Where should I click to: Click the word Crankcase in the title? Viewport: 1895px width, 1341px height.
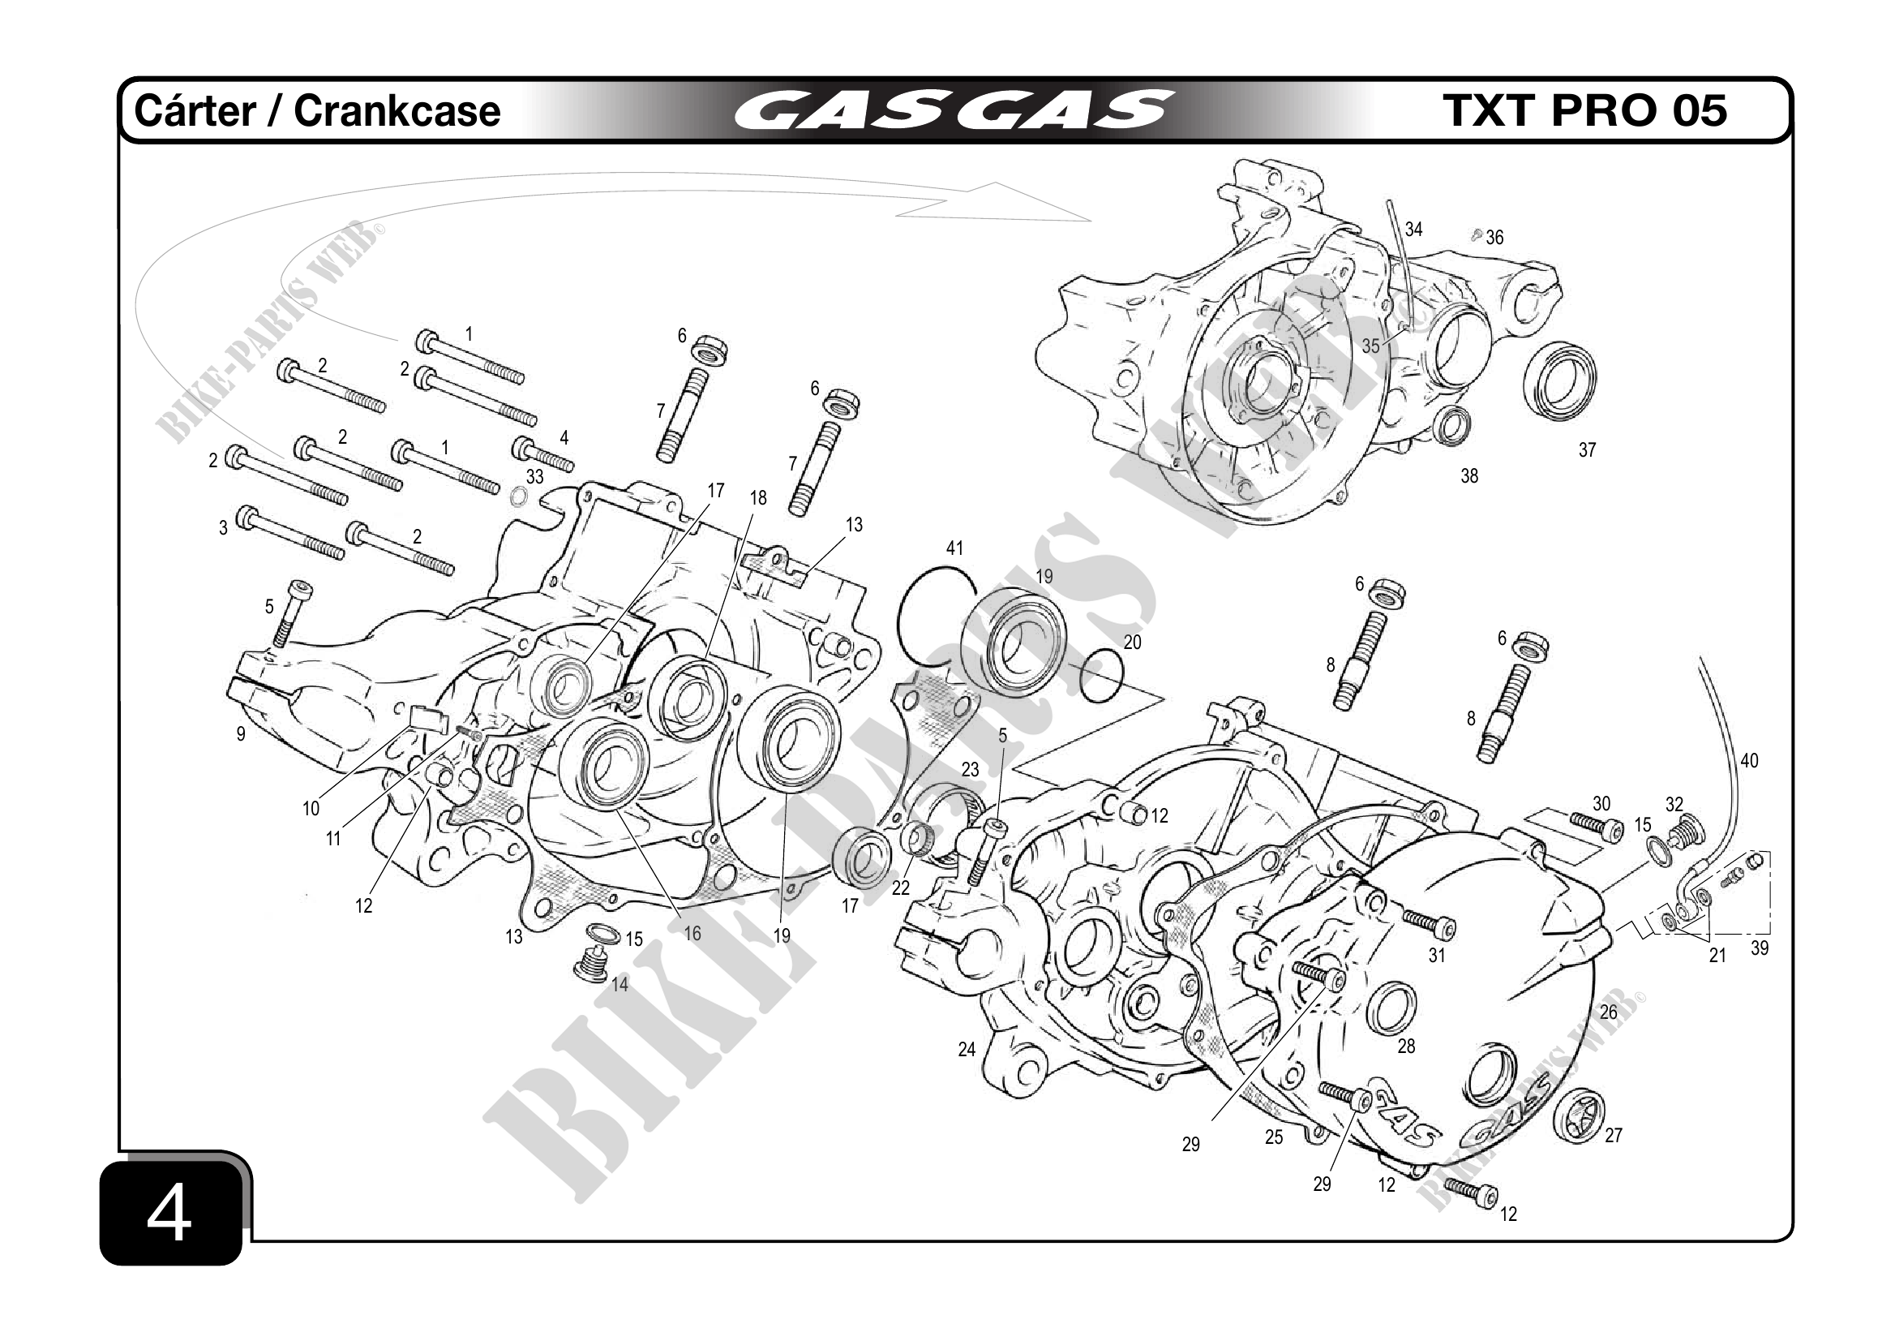[x=397, y=111]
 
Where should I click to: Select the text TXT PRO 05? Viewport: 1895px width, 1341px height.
[x=1584, y=110]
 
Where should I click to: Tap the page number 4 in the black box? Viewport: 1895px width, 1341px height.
[x=169, y=1215]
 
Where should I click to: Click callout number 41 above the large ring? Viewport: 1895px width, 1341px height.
[x=954, y=548]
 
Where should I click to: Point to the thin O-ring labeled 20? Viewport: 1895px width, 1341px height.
[x=1100, y=677]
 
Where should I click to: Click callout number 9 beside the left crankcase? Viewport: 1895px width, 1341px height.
[x=241, y=734]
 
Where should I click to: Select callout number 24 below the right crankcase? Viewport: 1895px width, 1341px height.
[x=967, y=1050]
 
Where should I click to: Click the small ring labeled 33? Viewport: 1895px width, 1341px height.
[x=518, y=497]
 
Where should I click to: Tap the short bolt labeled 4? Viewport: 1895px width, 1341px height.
[x=542, y=454]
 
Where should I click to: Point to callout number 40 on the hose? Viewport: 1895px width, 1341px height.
[x=1749, y=761]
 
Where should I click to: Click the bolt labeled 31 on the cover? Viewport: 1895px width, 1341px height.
[x=1428, y=924]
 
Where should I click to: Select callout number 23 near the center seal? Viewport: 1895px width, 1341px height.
[x=970, y=770]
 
